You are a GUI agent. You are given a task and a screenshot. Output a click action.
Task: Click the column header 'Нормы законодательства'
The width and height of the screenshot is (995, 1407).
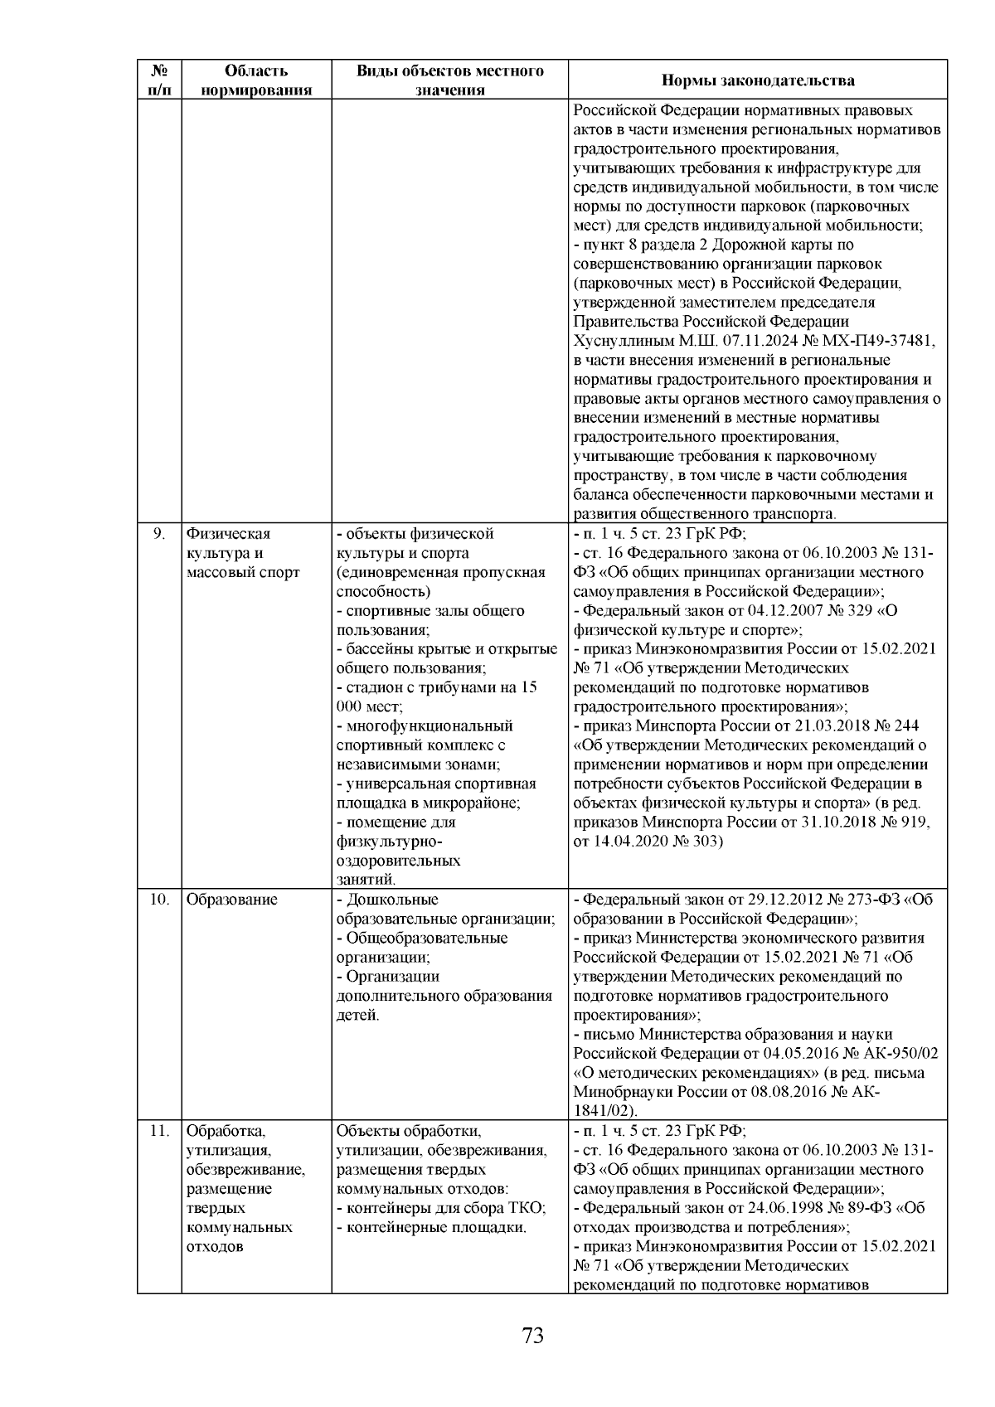tap(758, 80)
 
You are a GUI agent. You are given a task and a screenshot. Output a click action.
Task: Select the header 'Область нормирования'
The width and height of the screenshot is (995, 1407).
tap(256, 80)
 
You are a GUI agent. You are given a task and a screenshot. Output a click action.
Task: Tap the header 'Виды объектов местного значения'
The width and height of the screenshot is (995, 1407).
tap(449, 80)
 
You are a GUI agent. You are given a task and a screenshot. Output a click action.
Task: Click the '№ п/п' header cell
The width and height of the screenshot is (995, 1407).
tap(159, 80)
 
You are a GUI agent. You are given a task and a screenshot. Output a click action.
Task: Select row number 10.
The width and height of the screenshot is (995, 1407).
tap(159, 900)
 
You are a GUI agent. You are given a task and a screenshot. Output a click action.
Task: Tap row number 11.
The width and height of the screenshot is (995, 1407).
tap(159, 1131)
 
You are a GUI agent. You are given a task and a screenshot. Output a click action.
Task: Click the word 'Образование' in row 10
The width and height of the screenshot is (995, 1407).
tap(231, 900)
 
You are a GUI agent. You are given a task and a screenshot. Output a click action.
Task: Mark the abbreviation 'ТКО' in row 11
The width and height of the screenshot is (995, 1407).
tap(525, 1208)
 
